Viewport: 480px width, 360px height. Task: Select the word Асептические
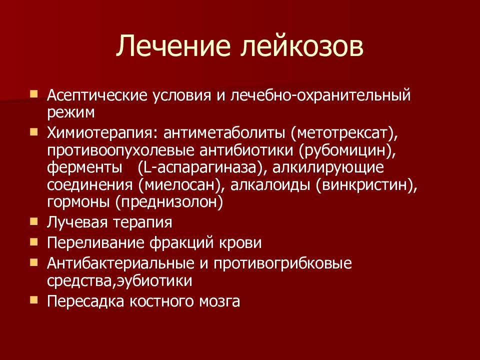pyautogui.click(x=97, y=95)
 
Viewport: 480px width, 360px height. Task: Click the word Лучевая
pyautogui.click(x=76, y=222)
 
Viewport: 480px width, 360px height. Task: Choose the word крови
pyautogui.click(x=240, y=243)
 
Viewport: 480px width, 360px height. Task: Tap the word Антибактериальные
pyautogui.click(x=120, y=263)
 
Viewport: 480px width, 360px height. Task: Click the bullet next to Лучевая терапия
pyautogui.click(x=34, y=221)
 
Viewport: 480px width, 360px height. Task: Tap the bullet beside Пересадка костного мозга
pyautogui.click(x=34, y=300)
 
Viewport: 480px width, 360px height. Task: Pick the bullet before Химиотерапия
pyautogui.click(x=34, y=132)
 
